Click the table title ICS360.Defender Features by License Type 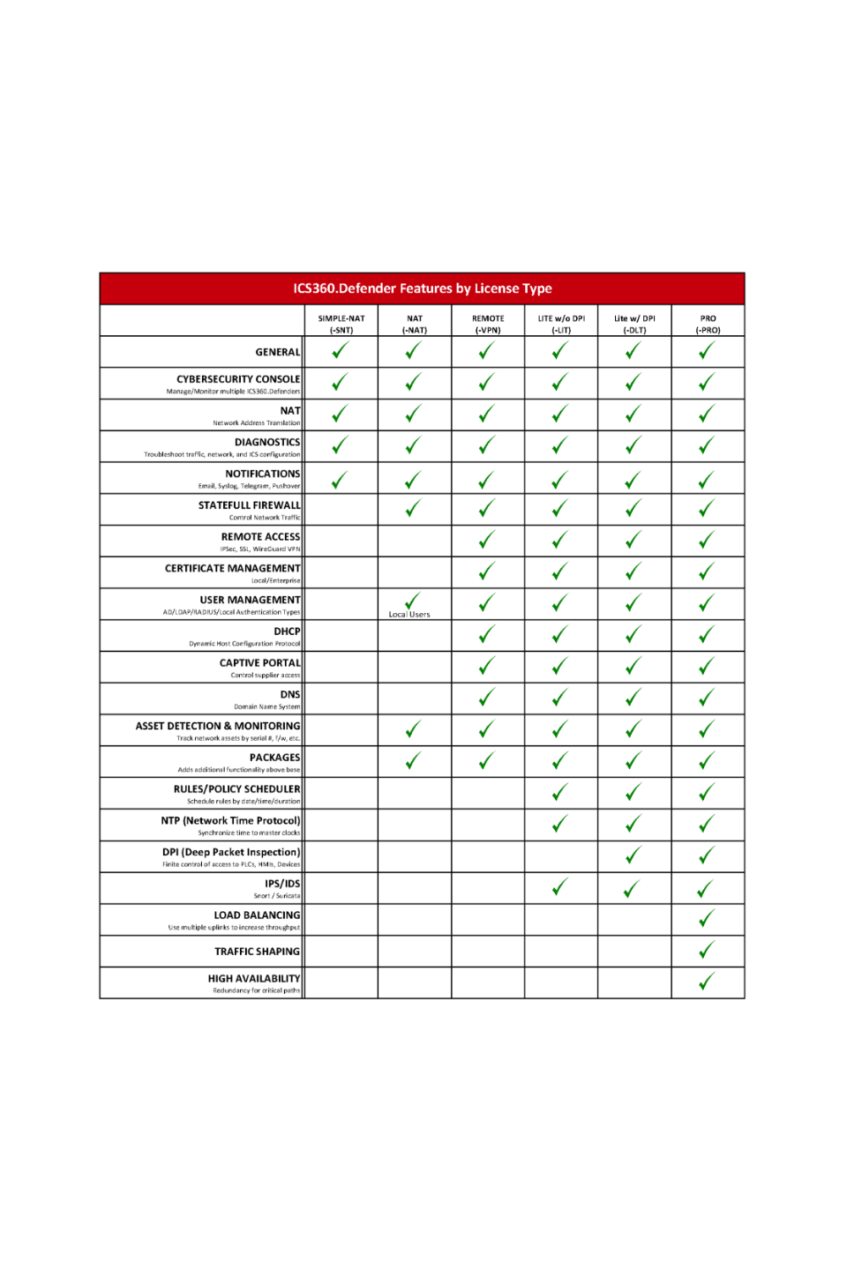point(423,288)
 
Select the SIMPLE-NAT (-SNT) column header point(341,324)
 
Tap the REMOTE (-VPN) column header point(488,324)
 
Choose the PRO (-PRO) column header point(708,324)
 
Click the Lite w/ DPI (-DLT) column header point(634,324)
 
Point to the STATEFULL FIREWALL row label point(249,505)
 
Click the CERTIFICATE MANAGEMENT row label point(232,568)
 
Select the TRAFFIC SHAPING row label point(257,952)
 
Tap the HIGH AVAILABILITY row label point(254,978)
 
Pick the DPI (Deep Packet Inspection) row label point(231,852)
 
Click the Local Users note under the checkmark point(409,615)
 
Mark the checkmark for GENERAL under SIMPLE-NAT point(341,351)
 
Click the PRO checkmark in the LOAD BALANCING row point(707,919)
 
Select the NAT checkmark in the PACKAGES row point(413,760)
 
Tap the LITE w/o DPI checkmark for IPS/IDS point(560,887)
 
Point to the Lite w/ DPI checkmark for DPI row point(633,855)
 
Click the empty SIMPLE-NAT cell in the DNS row point(341,698)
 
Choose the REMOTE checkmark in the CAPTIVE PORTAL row point(487,666)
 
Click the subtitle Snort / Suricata point(277,896)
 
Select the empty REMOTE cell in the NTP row point(488,825)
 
